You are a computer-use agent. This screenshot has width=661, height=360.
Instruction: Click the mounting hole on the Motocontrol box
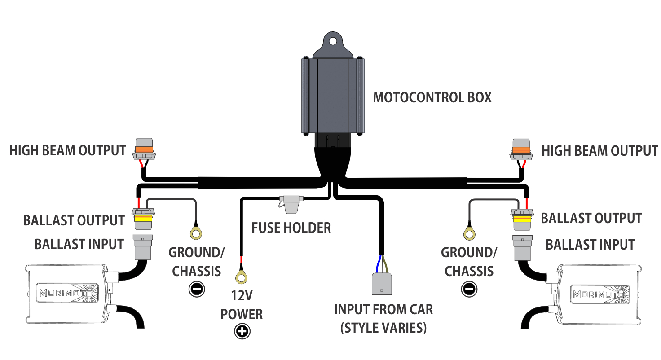pos(332,41)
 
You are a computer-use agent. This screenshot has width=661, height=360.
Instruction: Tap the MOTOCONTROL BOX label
pos(432,97)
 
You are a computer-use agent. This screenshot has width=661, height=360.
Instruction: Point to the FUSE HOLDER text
pos(291,228)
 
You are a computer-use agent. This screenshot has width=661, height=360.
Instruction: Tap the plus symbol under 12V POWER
pos(242,332)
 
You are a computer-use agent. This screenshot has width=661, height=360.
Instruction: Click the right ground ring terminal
pos(469,233)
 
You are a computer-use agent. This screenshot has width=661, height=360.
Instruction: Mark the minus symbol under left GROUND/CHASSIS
pos(196,290)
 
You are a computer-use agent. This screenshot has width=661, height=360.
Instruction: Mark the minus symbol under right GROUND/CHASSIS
pos(469,290)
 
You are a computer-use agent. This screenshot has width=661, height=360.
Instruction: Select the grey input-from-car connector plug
pos(382,283)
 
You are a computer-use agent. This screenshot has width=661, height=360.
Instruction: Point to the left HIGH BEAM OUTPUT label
pos(67,151)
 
